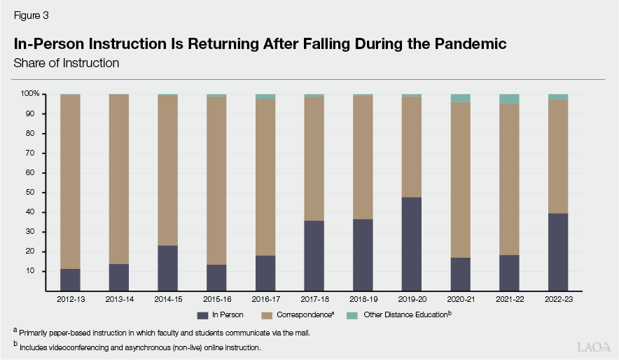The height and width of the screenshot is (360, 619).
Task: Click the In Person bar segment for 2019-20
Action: pos(412,244)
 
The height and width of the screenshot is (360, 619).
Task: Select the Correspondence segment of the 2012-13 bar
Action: pos(70,181)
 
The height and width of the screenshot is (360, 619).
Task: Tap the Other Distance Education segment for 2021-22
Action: pos(509,99)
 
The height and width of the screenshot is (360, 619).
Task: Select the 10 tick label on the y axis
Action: pos(33,271)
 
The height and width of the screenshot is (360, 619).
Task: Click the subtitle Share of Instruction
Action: pos(67,63)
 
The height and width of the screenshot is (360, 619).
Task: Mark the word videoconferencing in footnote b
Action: pos(74,347)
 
